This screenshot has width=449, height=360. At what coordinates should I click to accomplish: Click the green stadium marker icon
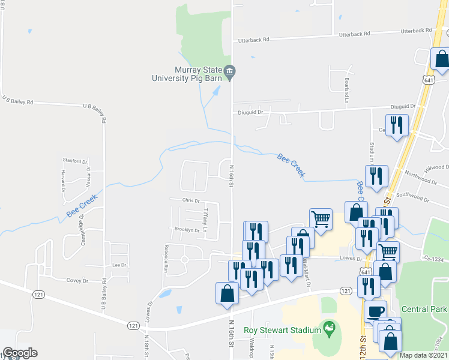coord(328,329)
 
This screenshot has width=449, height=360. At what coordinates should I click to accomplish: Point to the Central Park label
coord(424,310)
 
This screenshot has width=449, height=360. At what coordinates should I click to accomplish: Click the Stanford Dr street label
coord(76,161)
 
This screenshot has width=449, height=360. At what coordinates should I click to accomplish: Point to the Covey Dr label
coord(77,280)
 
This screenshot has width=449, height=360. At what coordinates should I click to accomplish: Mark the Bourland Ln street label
coord(346,90)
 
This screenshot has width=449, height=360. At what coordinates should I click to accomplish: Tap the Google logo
coord(20,353)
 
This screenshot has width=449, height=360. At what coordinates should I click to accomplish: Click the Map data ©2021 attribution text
coord(424,355)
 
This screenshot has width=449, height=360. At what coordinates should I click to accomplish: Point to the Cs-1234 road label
coord(435,259)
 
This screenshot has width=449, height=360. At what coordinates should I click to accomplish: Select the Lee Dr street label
coord(118,265)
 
